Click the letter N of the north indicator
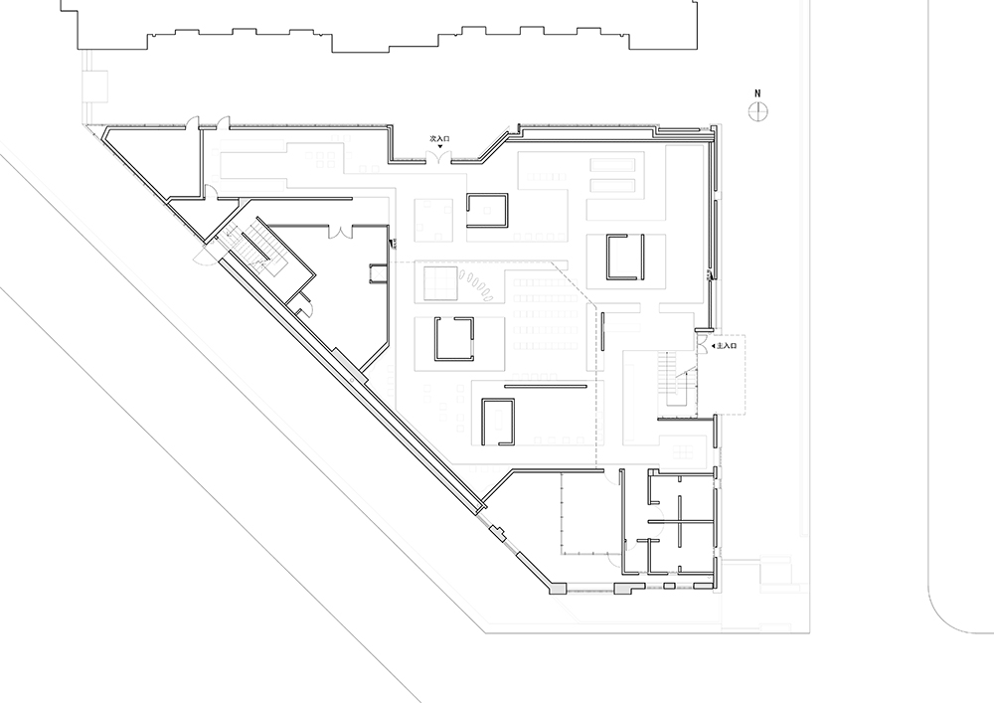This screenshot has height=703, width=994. pyautogui.click(x=757, y=93)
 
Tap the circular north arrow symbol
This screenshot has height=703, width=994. pyautogui.click(x=757, y=112)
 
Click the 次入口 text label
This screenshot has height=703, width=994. pyautogui.click(x=439, y=138)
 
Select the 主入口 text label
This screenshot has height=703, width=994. pyautogui.click(x=727, y=346)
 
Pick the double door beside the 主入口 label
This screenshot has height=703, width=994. pyautogui.click(x=703, y=344)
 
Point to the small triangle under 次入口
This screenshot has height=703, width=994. pyautogui.click(x=440, y=146)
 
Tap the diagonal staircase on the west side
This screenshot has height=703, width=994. pyautogui.click(x=253, y=249)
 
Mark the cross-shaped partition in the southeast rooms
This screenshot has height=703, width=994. pyautogui.click(x=679, y=521)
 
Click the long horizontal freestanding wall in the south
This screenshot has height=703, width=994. pyautogui.click(x=547, y=386)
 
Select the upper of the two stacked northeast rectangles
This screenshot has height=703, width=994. pyautogui.click(x=612, y=165)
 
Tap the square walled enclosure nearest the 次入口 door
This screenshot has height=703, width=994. pyautogui.click(x=488, y=211)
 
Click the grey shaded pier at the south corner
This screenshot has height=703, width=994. pyautogui.click(x=558, y=589)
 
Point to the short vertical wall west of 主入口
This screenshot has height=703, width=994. pyautogui.click(x=603, y=331)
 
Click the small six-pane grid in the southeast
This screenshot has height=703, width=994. pyautogui.click(x=683, y=452)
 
